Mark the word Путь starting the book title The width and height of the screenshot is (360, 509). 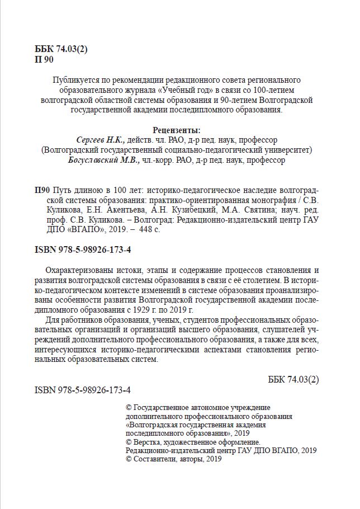(63, 191)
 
